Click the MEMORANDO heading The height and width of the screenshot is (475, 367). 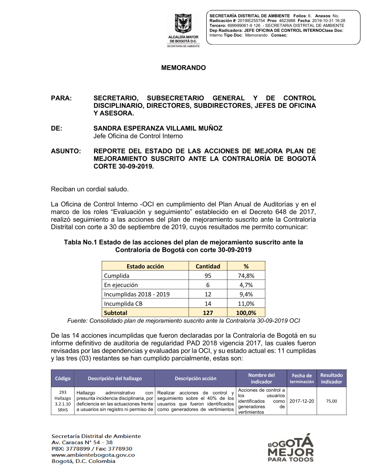point(183,68)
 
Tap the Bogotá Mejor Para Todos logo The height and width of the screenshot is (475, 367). point(291,448)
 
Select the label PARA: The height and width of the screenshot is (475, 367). point(61,98)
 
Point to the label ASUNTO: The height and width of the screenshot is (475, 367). point(66,151)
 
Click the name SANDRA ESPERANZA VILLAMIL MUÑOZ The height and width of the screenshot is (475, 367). point(158,128)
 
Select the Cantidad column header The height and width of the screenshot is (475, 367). point(208,266)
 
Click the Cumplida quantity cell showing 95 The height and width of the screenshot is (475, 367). point(208,276)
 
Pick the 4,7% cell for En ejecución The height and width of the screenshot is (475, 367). point(246,285)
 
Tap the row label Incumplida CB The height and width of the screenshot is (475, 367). point(123,304)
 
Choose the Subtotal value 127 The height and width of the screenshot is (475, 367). point(208,313)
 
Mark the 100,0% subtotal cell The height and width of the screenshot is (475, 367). point(246,313)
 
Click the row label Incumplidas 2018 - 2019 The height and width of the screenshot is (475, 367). point(137,294)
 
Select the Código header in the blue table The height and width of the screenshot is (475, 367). point(63,378)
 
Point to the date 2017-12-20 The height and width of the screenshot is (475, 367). point(302,401)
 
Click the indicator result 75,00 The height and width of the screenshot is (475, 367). point(331,401)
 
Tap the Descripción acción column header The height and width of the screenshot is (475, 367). point(195,378)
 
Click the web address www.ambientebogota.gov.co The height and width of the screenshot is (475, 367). point(93,455)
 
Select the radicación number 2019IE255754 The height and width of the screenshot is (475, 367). point(251,21)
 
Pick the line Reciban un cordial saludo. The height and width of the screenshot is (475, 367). point(90,189)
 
